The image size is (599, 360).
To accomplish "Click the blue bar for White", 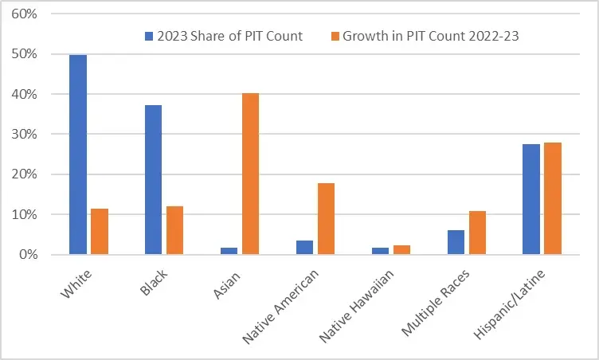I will coord(78,155).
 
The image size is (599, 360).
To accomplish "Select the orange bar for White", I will coord(100,232).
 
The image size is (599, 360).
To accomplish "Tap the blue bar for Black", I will coord(153,180).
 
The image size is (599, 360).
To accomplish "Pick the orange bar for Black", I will coord(174,230).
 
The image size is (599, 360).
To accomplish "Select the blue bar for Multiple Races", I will coord(456,242).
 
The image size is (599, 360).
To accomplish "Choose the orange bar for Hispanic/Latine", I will coord(553,198).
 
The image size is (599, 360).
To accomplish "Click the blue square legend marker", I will coord(149,37).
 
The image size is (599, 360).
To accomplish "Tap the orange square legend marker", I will coord(334,37).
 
